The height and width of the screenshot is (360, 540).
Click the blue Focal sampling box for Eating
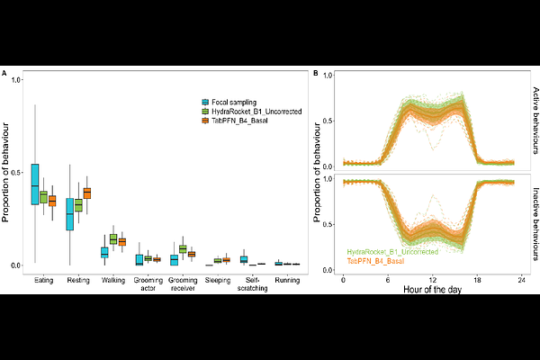tap(35, 184)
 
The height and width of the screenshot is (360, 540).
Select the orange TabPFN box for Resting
tap(87, 193)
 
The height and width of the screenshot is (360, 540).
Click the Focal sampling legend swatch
tap(206, 102)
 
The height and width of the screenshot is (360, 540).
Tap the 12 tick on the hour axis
tap(433, 281)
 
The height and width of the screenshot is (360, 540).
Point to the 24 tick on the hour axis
tap(523, 281)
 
